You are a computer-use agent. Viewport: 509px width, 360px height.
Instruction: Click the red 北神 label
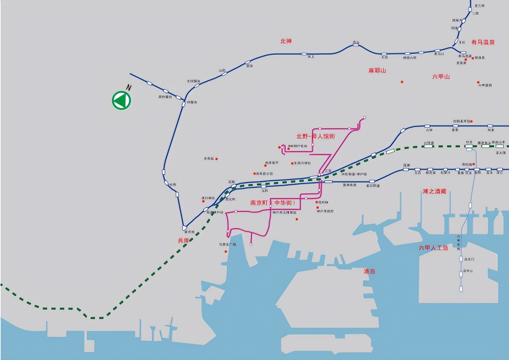tap(286, 41)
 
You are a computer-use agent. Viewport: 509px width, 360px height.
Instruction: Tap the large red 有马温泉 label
tap(483, 42)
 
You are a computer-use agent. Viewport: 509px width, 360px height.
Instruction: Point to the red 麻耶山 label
tap(377, 70)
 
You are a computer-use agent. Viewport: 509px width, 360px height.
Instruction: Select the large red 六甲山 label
tap(441, 77)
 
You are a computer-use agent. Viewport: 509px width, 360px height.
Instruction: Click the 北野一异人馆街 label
tap(316, 136)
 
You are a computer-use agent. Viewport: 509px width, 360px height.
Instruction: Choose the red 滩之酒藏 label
tap(434, 191)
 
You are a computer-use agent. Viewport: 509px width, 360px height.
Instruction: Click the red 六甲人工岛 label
tap(433, 248)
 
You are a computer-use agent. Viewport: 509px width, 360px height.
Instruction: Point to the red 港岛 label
tap(369, 271)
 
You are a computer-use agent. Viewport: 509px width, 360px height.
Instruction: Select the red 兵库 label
tap(183, 240)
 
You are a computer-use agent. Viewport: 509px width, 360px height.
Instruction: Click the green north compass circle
tap(121, 100)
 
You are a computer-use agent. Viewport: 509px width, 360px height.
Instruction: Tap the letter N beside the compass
tap(129, 88)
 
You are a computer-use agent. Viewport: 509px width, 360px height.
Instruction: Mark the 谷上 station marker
tap(304, 54)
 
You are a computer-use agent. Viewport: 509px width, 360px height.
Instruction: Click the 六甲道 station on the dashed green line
tap(428, 146)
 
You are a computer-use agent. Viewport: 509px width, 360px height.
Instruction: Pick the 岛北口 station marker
tap(461, 259)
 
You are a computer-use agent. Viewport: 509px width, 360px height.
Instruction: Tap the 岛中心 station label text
tap(468, 271)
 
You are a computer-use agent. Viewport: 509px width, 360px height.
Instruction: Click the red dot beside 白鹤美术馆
tap(471, 121)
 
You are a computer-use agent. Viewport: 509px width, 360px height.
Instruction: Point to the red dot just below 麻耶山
tap(402, 82)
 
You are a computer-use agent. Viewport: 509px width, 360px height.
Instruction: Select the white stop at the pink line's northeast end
tap(364, 118)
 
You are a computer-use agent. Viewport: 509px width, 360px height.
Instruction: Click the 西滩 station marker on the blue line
tap(406, 169)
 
